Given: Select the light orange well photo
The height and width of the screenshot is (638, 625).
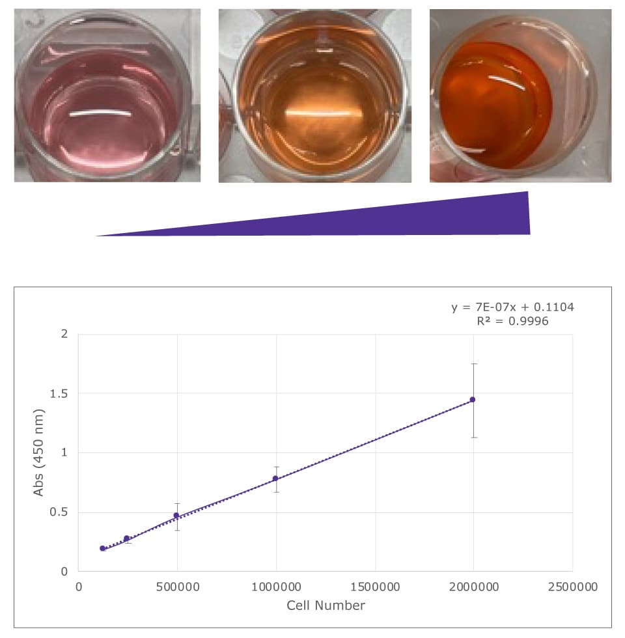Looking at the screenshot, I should coord(315,95).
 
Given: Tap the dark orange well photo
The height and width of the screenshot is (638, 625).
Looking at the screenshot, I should coord(520,95).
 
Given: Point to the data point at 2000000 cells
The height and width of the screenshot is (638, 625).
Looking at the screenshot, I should coord(473,400).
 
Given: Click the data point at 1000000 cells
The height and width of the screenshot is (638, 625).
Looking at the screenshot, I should coord(275,478).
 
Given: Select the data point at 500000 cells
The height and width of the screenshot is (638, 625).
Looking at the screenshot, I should coord(176,516).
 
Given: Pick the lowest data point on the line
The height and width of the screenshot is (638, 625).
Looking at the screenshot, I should coord(102,548).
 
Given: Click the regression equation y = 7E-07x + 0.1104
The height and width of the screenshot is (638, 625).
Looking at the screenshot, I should coord(513,307).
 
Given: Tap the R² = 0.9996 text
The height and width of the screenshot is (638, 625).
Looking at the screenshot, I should coord(513,320).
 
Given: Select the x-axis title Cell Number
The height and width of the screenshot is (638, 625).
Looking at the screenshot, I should coord(326,605).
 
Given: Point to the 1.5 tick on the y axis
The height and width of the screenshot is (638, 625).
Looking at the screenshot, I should coord(59,394).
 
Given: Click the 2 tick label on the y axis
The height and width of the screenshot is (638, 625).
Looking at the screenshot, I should coord(64,335).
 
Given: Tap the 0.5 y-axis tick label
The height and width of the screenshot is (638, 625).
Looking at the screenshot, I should coord(59,512).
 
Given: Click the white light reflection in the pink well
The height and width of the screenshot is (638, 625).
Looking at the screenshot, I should coord(101,114).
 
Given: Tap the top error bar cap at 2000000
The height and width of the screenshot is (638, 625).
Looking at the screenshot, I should coord(473,364).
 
